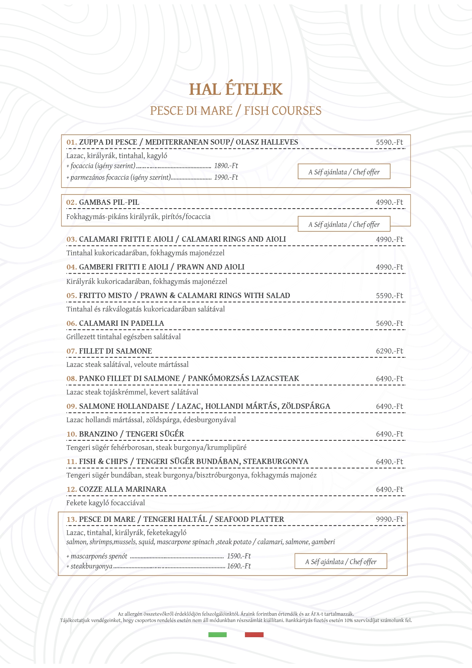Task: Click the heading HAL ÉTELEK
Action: click(x=236, y=89)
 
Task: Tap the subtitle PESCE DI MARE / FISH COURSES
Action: click(x=236, y=111)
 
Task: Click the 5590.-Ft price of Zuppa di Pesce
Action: click(x=389, y=142)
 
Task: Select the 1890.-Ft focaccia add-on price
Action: click(x=226, y=166)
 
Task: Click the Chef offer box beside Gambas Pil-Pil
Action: click(x=344, y=225)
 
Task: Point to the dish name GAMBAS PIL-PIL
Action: click(x=109, y=202)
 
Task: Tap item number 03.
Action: click(x=72, y=239)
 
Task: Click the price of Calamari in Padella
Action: click(x=389, y=324)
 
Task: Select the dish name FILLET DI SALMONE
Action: click(x=115, y=351)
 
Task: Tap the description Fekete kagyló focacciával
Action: click(x=105, y=503)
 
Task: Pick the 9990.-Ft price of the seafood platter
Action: click(x=389, y=520)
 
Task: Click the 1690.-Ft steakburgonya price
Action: click(x=239, y=566)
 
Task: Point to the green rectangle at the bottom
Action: click(x=218, y=635)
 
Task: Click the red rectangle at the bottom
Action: click(x=254, y=635)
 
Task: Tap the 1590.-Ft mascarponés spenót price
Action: click(x=239, y=556)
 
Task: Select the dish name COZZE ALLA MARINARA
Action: click(x=122, y=489)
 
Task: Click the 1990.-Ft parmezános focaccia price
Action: click(x=226, y=177)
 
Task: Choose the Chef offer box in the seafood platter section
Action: click(x=341, y=562)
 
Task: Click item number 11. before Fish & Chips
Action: click(x=72, y=462)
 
